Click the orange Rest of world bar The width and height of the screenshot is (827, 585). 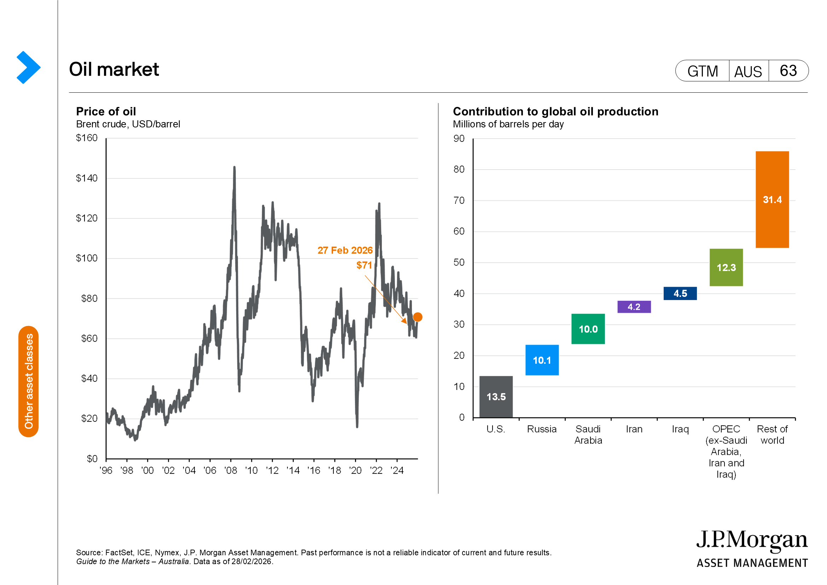[772, 199]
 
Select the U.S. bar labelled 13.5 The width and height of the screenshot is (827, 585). [496, 396]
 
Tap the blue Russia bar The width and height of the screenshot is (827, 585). [542, 360]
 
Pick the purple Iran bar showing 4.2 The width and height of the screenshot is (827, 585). [634, 307]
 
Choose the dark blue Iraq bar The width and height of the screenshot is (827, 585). [680, 293]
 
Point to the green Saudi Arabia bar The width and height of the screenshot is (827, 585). [588, 329]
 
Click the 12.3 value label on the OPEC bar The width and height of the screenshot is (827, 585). [726, 268]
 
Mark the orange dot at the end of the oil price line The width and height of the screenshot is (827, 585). [418, 317]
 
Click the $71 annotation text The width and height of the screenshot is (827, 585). [364, 265]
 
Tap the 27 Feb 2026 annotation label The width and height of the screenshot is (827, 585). [345, 250]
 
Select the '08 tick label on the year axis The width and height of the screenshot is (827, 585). [231, 470]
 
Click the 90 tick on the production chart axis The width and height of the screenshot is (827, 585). [459, 138]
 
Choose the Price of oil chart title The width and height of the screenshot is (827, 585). [106, 111]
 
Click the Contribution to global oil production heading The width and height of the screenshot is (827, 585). [555, 111]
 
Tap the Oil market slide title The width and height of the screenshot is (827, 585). [114, 69]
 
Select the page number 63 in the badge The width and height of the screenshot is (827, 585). [788, 71]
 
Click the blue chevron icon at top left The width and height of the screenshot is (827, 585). [28, 67]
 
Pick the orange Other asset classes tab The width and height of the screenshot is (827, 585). [28, 382]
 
